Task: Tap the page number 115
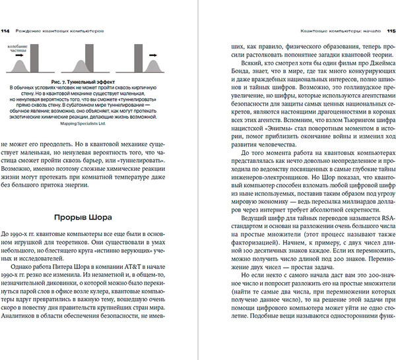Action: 390,30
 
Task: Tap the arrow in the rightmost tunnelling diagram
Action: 151,55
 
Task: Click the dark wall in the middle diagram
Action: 86,59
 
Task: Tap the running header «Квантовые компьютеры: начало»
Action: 338,30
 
